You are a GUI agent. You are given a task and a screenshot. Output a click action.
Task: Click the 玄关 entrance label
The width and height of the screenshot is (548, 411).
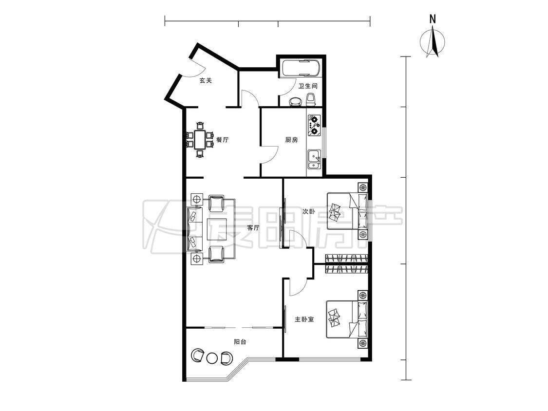(206, 80)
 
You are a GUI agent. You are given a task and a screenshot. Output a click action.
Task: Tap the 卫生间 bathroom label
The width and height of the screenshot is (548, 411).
(308, 86)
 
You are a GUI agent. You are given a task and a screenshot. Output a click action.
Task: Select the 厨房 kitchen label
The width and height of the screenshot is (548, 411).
(291, 140)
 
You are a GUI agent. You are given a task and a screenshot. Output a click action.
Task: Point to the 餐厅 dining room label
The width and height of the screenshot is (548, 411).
(222, 140)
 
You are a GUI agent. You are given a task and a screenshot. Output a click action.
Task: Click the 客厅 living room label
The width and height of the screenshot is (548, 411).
(253, 228)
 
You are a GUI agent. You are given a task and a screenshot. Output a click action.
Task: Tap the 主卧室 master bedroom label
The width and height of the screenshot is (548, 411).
(304, 319)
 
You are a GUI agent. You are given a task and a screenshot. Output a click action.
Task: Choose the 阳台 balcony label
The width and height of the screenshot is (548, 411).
(240, 342)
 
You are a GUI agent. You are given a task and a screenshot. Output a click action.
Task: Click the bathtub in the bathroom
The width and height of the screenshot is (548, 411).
(301, 69)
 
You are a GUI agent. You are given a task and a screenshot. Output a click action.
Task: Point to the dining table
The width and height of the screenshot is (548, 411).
(200, 139)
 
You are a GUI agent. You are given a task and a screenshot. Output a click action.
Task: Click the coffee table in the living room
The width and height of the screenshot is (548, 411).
(217, 229)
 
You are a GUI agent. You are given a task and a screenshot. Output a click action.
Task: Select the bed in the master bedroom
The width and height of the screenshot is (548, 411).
(347, 319)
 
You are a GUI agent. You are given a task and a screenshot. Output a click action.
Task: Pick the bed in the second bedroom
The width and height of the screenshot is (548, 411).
(347, 211)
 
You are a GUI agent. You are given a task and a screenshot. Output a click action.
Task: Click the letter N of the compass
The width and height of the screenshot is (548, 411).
(433, 19)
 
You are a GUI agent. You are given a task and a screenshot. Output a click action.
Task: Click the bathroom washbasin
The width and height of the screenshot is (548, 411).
(296, 101)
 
